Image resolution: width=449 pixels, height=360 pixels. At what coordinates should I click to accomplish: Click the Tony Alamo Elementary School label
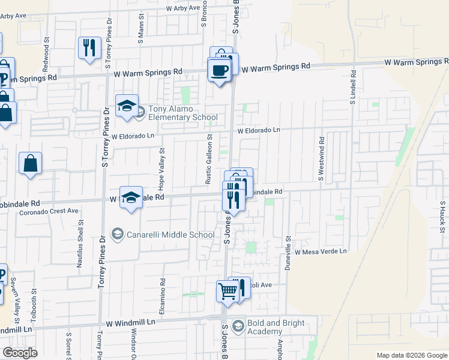[175, 113]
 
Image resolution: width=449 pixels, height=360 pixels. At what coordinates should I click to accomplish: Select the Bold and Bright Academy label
[273, 327]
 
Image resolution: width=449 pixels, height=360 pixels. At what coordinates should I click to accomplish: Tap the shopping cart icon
[228, 292]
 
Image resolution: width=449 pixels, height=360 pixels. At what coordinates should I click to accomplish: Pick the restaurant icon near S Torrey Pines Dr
[89, 47]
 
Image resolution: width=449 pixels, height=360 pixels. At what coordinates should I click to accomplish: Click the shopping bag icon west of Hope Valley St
[30, 163]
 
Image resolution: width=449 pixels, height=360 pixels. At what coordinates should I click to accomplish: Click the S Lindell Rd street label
[353, 87]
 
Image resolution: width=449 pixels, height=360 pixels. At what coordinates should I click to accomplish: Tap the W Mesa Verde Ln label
[321, 252]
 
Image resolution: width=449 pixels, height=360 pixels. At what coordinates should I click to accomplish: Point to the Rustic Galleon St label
[209, 160]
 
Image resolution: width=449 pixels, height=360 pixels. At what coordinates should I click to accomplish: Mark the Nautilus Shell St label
[80, 236]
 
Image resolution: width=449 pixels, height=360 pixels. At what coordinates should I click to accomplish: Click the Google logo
[20, 353]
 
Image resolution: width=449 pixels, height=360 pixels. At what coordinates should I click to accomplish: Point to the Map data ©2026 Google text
[412, 355]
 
